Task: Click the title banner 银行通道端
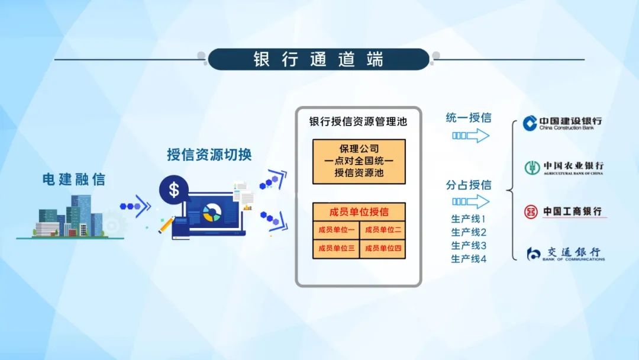pyautogui.click(x=319, y=59)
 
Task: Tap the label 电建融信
pyautogui.click(x=74, y=179)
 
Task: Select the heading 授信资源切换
pyautogui.click(x=209, y=155)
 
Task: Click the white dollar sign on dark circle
pyautogui.click(x=174, y=189)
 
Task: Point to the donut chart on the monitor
pyautogui.click(x=212, y=213)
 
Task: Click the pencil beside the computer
pyautogui.click(x=166, y=224)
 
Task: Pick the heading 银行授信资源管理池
pyautogui.click(x=358, y=121)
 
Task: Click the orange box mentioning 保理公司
pyautogui.click(x=359, y=162)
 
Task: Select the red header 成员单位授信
pyautogui.click(x=359, y=212)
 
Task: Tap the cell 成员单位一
pyautogui.click(x=336, y=230)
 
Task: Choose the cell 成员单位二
pyautogui.click(x=383, y=230)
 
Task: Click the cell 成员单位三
pyautogui.click(x=336, y=249)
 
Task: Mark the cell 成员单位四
pyautogui.click(x=383, y=249)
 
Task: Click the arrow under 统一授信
pyautogui.click(x=471, y=136)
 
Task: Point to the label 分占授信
pyautogui.click(x=469, y=185)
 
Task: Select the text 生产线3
pyautogui.click(x=469, y=246)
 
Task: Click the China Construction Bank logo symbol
pyautogui.click(x=530, y=123)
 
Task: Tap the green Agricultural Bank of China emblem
pyautogui.click(x=532, y=168)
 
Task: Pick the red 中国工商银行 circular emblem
pyautogui.click(x=531, y=211)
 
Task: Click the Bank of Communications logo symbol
pyautogui.click(x=533, y=254)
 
